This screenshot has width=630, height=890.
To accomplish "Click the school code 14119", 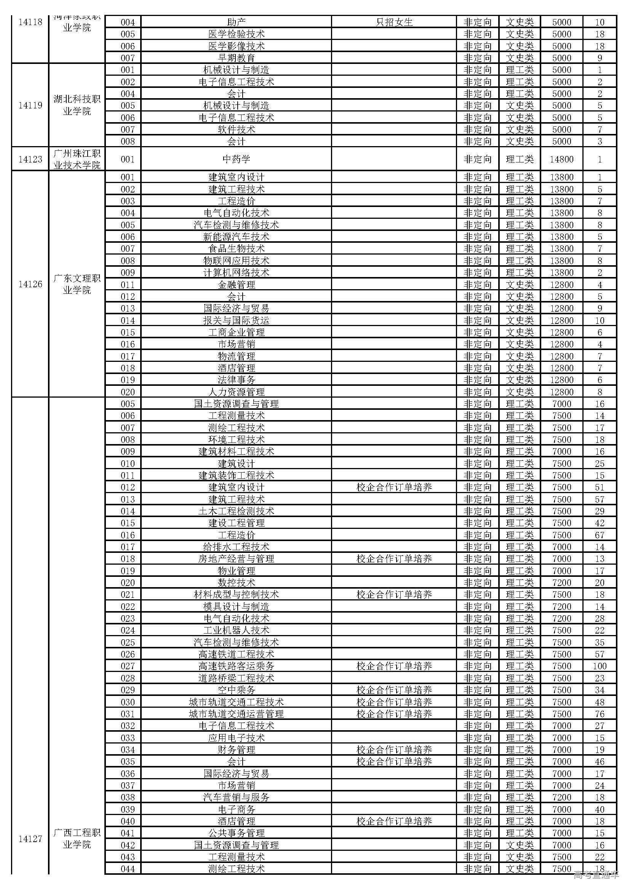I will (30, 105).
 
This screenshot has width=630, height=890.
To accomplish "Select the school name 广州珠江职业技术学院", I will (77, 159).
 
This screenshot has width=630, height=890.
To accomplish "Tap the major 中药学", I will (236, 159).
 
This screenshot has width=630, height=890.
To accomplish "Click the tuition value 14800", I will (561, 159).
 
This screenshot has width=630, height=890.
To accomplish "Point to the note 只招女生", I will (394, 22).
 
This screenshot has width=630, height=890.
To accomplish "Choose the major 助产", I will (236, 22).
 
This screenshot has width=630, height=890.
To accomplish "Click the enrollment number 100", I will (600, 666).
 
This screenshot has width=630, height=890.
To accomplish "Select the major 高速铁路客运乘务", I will (236, 666).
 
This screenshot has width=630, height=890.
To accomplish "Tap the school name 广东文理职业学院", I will (77, 284).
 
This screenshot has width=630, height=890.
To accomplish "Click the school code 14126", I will (30, 284).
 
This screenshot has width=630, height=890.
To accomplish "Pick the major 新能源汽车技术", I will (236, 236).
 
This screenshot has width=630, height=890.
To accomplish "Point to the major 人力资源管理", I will (236, 392).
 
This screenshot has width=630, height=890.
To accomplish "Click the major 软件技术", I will (236, 129).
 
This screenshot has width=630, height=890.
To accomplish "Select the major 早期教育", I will (236, 58).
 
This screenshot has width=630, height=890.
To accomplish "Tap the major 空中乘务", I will (236, 690).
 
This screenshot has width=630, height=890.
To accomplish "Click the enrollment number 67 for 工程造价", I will (600, 535).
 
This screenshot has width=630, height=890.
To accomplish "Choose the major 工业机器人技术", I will (236, 630).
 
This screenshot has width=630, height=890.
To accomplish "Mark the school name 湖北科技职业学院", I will (77, 105).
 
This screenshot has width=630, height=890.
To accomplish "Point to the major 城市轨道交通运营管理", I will (236, 713).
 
